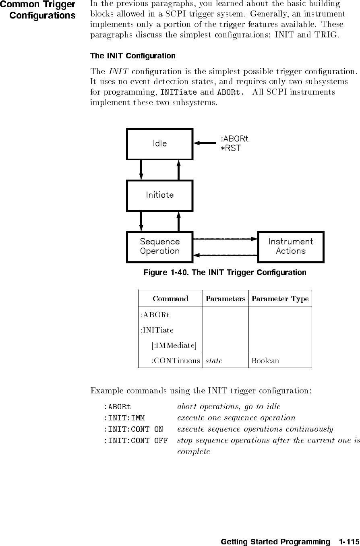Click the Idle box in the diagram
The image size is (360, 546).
pyautogui.click(x=159, y=144)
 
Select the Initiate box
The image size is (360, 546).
pyautogui.click(x=159, y=195)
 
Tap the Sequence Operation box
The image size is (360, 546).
pyautogui.click(x=159, y=246)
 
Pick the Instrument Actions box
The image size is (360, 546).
pyautogui.click(x=290, y=246)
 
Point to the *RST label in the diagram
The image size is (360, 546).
pyautogui.click(x=230, y=148)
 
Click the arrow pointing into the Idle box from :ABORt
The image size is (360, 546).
pyautogui.click(x=205, y=143)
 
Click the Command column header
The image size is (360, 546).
pyautogui.click(x=170, y=299)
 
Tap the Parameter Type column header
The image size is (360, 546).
pyautogui.click(x=280, y=299)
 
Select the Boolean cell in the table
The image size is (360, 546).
pyautogui.click(x=265, y=360)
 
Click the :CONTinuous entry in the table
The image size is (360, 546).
pyautogui.click(x=176, y=360)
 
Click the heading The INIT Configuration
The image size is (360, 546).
pyautogui.click(x=132, y=56)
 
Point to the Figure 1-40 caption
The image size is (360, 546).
pyautogui.click(x=225, y=273)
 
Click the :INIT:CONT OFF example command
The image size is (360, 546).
pyautogui.click(x=136, y=441)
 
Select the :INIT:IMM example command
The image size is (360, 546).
pyautogui.click(x=124, y=418)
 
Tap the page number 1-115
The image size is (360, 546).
pyautogui.click(x=348, y=542)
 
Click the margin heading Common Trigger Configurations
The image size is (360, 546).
pyautogui.click(x=39, y=10)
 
